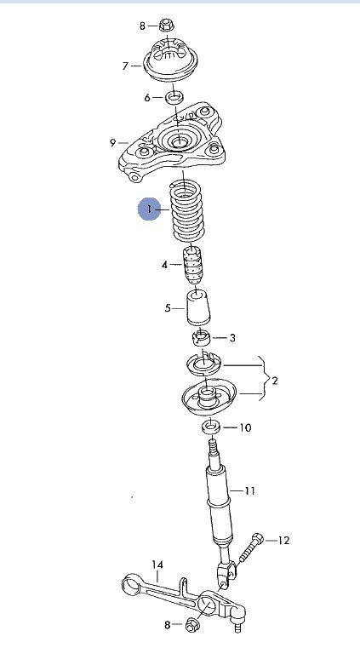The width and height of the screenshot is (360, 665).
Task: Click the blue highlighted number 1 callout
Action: tap(149, 209)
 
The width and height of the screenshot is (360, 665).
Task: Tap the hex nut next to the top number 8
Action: tap(166, 25)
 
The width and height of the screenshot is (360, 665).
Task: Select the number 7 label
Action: tap(125, 66)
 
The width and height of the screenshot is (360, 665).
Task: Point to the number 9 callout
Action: tap(112, 142)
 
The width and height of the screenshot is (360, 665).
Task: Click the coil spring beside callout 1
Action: tap(186, 211)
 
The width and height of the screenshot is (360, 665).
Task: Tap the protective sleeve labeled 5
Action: tap(198, 308)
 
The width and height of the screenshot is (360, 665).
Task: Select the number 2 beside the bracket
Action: tap(275, 381)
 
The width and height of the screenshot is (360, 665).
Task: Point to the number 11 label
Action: tap(249, 490)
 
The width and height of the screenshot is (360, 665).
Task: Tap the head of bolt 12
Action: tap(258, 539)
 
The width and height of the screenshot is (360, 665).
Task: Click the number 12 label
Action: tap(283, 541)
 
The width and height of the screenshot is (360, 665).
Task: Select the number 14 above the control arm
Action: tap(157, 565)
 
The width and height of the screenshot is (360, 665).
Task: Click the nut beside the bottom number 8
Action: tap(191, 625)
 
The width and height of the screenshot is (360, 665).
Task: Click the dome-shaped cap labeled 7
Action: tap(171, 61)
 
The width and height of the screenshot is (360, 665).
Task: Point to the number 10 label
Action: tap(245, 427)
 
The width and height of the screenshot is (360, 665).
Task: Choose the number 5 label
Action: tap(168, 308)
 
